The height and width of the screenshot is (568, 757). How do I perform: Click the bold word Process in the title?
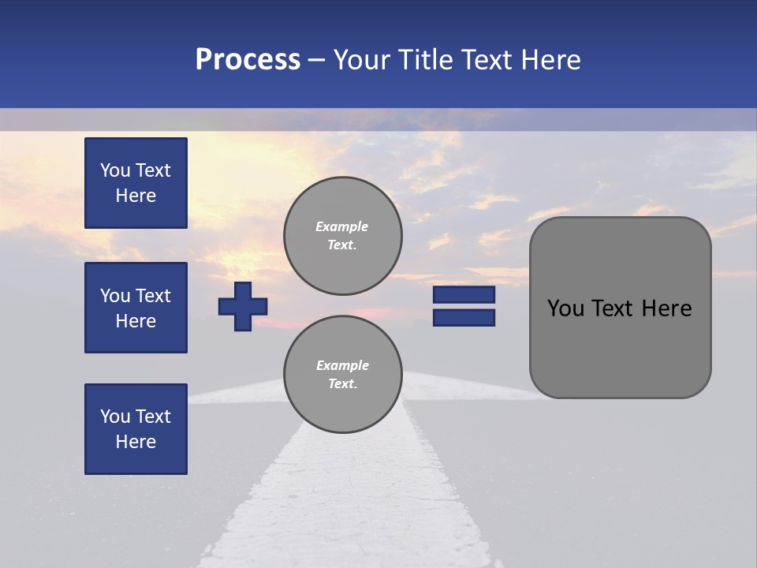(x=248, y=60)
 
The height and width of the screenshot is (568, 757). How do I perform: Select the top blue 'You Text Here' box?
(x=136, y=183)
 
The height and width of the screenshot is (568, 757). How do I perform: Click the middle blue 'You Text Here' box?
(x=136, y=308)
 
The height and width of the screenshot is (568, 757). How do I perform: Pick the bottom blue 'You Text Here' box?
(x=136, y=429)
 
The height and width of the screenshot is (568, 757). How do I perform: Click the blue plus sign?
(x=243, y=306)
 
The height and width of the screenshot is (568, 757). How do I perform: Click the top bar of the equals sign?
(x=464, y=294)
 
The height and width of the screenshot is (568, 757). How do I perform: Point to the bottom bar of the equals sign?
(x=464, y=318)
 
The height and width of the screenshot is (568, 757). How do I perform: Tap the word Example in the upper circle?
(x=342, y=226)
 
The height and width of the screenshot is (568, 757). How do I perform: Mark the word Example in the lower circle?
(x=342, y=365)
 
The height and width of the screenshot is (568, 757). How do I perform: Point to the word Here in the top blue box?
(x=136, y=196)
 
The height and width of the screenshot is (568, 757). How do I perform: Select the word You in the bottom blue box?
(x=114, y=417)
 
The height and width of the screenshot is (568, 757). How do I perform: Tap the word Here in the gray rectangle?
(x=666, y=308)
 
